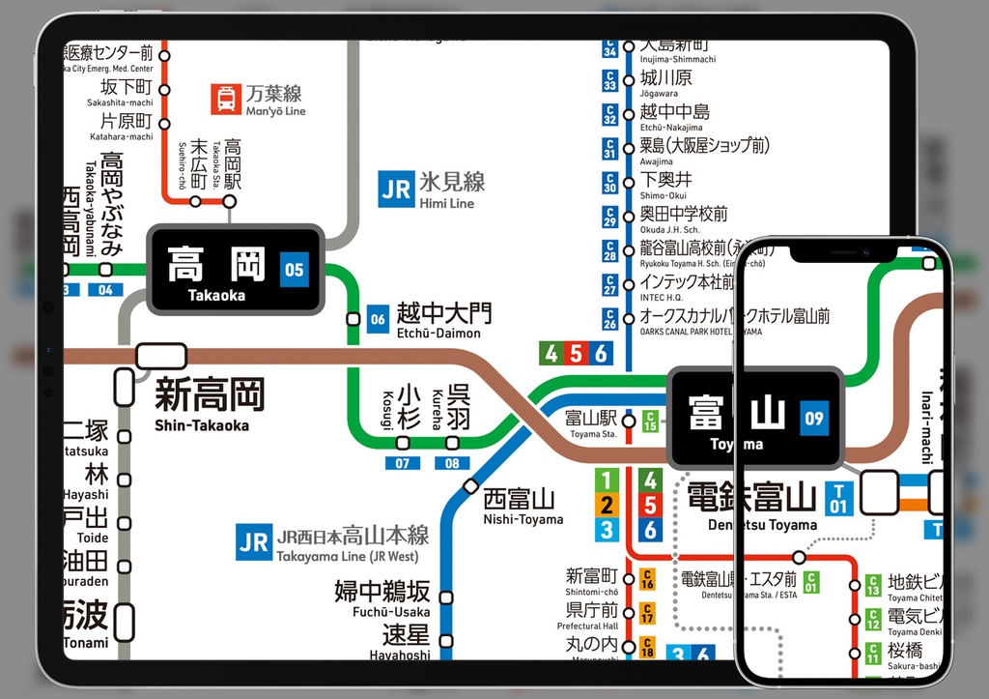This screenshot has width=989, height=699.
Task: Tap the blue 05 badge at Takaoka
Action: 294,270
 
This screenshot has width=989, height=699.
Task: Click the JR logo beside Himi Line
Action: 396,189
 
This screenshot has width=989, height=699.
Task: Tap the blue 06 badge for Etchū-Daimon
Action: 378,319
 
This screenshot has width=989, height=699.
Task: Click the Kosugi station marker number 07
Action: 403,463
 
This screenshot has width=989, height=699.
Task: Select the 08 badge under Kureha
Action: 452,463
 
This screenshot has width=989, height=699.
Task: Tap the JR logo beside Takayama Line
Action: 253,542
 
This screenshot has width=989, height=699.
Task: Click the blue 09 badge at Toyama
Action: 813,419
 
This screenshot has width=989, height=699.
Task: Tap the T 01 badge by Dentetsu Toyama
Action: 838,499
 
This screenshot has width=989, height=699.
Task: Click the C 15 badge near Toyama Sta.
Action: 650,421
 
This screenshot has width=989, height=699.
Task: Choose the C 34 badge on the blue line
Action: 609,48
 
